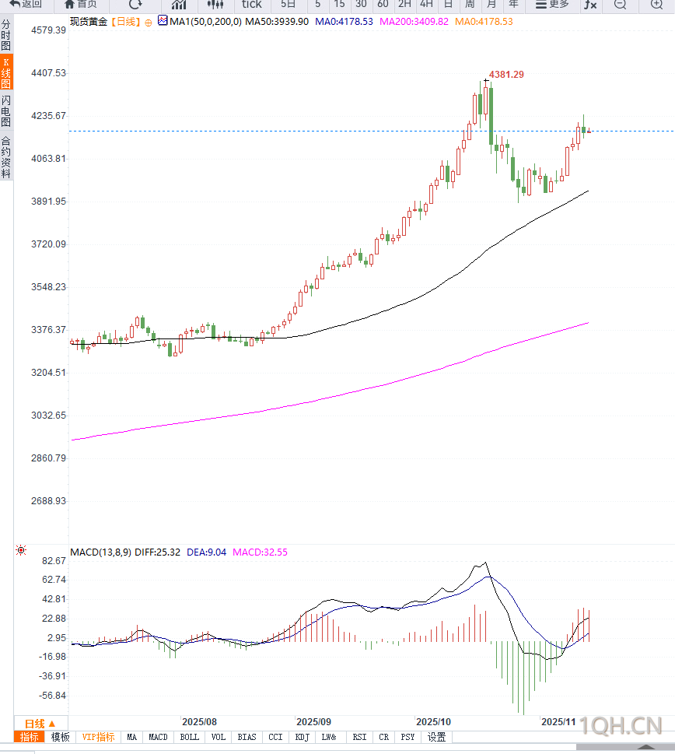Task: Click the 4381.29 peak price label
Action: click(505, 75)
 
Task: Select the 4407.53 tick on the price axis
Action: click(47, 73)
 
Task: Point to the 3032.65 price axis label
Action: click(47, 416)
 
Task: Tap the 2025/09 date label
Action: click(314, 722)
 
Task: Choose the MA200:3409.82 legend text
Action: click(414, 22)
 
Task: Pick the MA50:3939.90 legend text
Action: click(277, 22)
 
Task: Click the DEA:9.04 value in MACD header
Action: click(207, 552)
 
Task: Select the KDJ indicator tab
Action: click(303, 738)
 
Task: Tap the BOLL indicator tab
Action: click(189, 738)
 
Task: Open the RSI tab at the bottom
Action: click(359, 738)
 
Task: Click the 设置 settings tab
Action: click(437, 738)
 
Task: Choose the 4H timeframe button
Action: click(426, 4)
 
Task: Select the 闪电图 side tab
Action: click(6, 112)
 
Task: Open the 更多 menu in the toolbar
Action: click(552, 4)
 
